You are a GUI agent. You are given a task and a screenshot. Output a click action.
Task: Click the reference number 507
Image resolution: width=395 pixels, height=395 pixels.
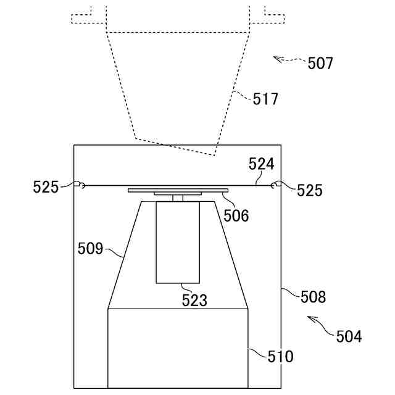[320, 63]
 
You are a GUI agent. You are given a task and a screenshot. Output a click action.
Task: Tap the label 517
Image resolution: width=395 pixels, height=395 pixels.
[265, 99]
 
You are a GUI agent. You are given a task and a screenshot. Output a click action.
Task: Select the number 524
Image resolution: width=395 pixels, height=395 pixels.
[261, 164]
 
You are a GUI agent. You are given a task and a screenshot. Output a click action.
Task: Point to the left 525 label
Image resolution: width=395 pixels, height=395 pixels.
[46, 187]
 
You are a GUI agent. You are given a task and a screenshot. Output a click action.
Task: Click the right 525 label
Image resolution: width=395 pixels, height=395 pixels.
[309, 190]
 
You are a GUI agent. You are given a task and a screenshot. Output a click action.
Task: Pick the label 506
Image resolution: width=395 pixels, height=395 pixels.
[236, 215]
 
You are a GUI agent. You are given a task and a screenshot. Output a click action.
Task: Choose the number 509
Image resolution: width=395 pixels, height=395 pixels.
[91, 249]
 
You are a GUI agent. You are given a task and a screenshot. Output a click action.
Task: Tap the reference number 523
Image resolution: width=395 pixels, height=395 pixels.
[194, 301]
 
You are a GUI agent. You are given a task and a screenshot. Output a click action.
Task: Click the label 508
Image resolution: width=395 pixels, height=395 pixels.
[313, 296]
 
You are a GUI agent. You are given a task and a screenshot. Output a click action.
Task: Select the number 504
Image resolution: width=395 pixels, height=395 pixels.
[349, 336]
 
